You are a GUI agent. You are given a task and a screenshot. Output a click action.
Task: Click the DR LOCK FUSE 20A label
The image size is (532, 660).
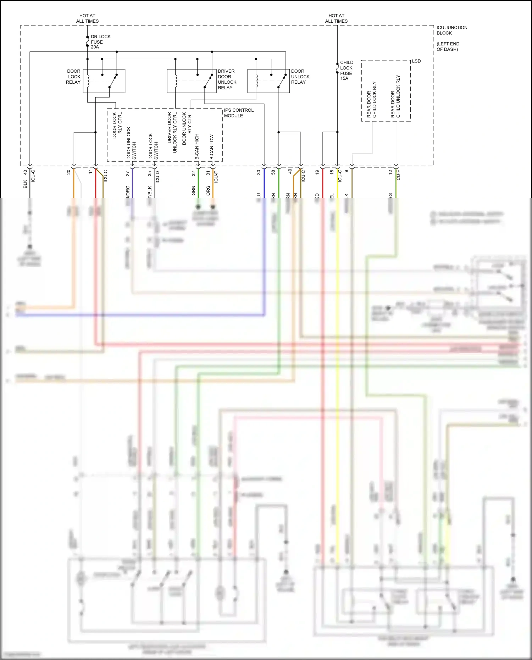pyautogui.click(x=100, y=42)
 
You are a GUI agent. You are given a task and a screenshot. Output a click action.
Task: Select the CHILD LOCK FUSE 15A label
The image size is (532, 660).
pyautogui.click(x=346, y=70)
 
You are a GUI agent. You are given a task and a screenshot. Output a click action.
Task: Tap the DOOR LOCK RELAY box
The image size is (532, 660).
pyautogui.click(x=104, y=81)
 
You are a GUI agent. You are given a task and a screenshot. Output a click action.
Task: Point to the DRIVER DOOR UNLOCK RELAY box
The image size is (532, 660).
pyautogui.click(x=192, y=81)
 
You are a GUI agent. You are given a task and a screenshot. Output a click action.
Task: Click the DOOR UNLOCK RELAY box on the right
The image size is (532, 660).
pyautogui.click(x=268, y=81)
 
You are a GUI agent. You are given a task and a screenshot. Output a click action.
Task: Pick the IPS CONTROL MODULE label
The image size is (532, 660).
pyautogui.click(x=238, y=113)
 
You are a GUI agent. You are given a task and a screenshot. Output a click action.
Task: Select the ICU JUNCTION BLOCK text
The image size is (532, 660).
pyautogui.click(x=451, y=30)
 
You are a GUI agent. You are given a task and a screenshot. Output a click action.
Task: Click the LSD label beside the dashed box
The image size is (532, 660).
pyautogui.click(x=416, y=61)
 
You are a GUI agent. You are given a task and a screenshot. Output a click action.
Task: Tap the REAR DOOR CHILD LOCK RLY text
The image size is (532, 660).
pyautogui.click(x=372, y=100)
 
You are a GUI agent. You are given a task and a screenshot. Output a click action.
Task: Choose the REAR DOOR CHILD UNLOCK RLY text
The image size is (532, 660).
pyautogui.click(x=395, y=96)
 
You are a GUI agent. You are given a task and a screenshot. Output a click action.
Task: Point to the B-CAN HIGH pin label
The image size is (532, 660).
pyautogui.click(x=197, y=146)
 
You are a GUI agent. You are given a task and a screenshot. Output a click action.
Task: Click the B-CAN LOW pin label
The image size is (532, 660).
pyautogui.click(x=211, y=146)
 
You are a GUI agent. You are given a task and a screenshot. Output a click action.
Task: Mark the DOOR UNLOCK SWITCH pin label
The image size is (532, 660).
pyautogui.click(x=131, y=143)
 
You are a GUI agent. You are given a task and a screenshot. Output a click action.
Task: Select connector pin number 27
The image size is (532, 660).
pyautogui.click(x=128, y=174)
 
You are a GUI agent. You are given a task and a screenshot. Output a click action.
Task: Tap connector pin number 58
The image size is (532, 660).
pyautogui.click(x=273, y=172)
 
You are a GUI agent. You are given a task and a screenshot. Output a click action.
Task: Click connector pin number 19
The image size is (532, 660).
pyautogui.click(x=317, y=172)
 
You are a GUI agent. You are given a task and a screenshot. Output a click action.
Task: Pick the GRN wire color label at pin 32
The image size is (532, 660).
pyautogui.click(x=194, y=190)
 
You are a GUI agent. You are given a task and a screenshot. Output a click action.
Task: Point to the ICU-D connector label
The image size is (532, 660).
pyautogui.click(x=157, y=177)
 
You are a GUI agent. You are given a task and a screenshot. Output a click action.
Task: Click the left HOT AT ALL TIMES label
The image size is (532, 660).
pyautogui.click(x=87, y=18)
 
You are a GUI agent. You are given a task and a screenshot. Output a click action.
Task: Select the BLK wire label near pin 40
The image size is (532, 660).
pyautogui.click(x=25, y=184)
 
